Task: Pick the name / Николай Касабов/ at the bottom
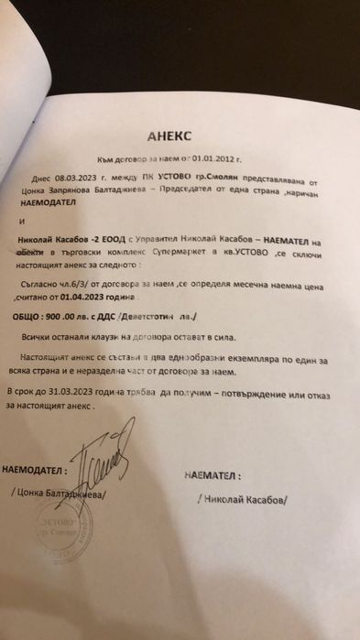240,501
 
